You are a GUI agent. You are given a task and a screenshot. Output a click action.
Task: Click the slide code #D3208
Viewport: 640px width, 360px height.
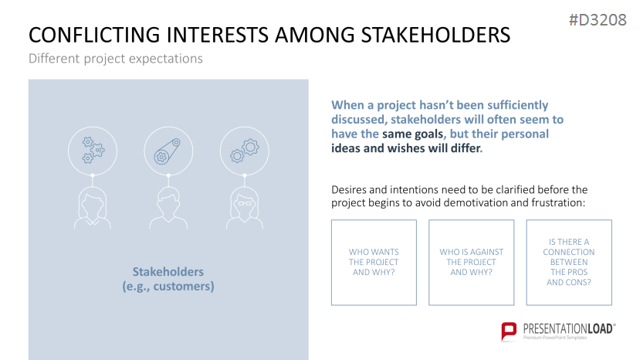pyautogui.click(x=598, y=19)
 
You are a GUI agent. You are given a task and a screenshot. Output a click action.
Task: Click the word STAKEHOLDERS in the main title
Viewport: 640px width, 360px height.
pyautogui.click(x=435, y=35)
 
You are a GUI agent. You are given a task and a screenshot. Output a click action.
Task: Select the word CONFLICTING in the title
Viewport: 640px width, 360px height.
pyautogui.click(x=94, y=35)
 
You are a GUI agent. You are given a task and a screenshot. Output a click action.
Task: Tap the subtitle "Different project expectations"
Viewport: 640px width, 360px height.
pyautogui.click(x=116, y=59)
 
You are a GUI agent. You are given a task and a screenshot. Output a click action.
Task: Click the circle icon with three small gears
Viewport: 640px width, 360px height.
pyautogui.click(x=93, y=151)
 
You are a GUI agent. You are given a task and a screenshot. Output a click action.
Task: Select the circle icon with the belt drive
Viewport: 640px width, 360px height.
pyautogui.click(x=168, y=151)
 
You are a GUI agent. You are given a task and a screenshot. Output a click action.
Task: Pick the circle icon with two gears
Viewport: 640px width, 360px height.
pyautogui.click(x=245, y=151)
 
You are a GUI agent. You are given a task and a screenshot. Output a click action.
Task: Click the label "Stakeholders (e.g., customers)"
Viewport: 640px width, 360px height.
pyautogui.click(x=168, y=279)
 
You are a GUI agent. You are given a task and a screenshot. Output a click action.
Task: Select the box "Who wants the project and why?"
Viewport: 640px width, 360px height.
pyautogui.click(x=374, y=263)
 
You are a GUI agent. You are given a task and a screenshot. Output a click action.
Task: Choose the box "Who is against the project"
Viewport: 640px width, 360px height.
pyautogui.click(x=472, y=263)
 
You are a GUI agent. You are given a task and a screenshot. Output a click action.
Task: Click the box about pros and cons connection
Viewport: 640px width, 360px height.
pyautogui.click(x=569, y=263)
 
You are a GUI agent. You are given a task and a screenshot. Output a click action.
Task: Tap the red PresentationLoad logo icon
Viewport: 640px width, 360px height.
pyautogui.click(x=509, y=331)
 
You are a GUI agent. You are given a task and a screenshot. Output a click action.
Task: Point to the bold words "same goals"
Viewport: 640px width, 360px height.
pyautogui.click(x=412, y=134)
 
